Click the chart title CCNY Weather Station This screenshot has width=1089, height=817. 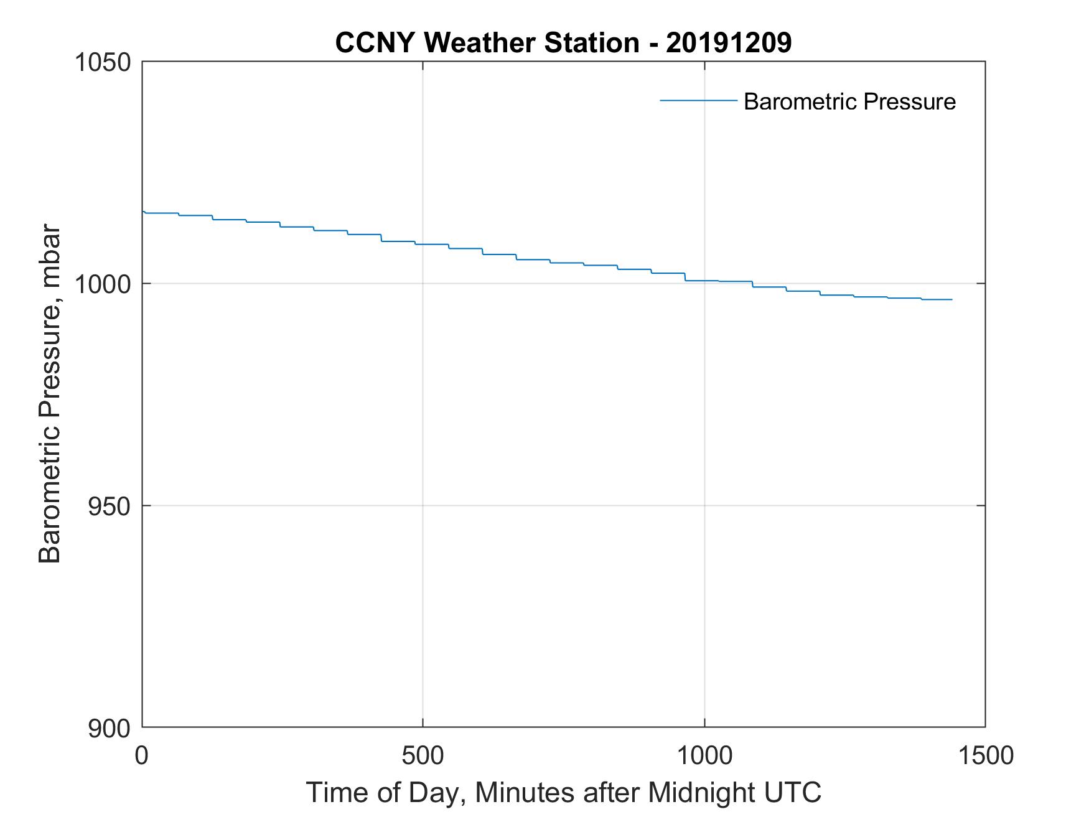[487, 43]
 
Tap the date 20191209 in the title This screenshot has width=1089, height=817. [729, 43]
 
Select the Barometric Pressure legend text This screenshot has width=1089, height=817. [849, 101]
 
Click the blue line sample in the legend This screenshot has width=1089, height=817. [698, 100]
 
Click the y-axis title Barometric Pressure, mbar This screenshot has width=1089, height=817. [50, 393]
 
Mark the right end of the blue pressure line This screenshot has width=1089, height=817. [951, 300]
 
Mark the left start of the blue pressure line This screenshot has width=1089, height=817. [143, 212]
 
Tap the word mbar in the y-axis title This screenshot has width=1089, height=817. [50, 254]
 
